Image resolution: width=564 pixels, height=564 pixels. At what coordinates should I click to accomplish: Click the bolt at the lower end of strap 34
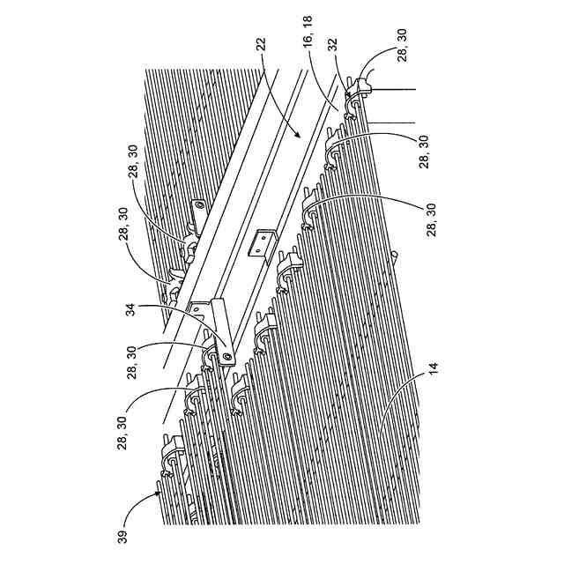tap(227, 357)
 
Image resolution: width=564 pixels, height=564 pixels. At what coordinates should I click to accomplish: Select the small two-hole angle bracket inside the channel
tap(261, 244)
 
